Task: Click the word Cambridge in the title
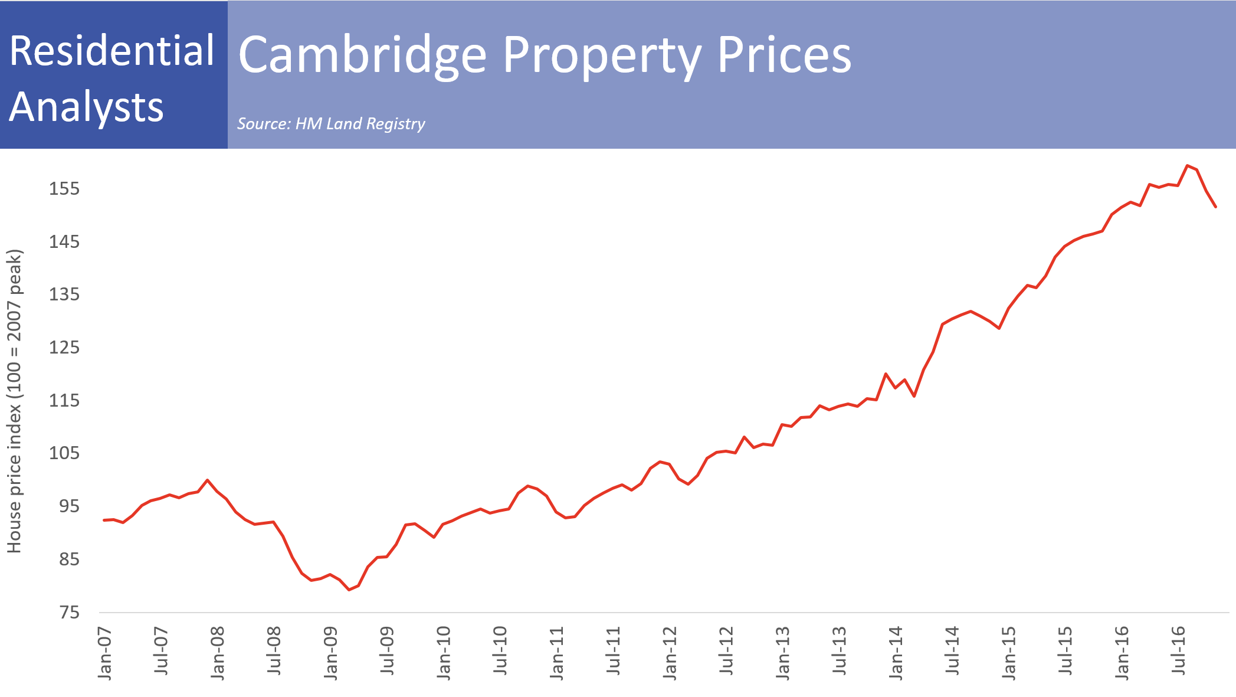(x=362, y=54)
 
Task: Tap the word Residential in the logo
(x=112, y=51)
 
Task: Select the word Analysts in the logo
(x=86, y=107)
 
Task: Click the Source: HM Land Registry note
(x=331, y=124)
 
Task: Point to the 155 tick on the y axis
(x=64, y=189)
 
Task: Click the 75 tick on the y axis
(x=69, y=613)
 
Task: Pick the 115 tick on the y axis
(x=64, y=401)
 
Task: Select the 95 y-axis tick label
(x=69, y=506)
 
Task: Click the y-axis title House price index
(x=14, y=401)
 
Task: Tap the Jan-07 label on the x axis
(x=105, y=653)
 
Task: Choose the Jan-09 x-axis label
(x=331, y=653)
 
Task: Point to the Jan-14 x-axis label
(x=896, y=653)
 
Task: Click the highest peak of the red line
(x=1187, y=166)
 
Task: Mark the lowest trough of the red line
(x=349, y=590)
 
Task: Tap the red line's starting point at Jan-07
(x=104, y=520)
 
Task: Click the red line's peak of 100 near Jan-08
(x=207, y=480)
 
